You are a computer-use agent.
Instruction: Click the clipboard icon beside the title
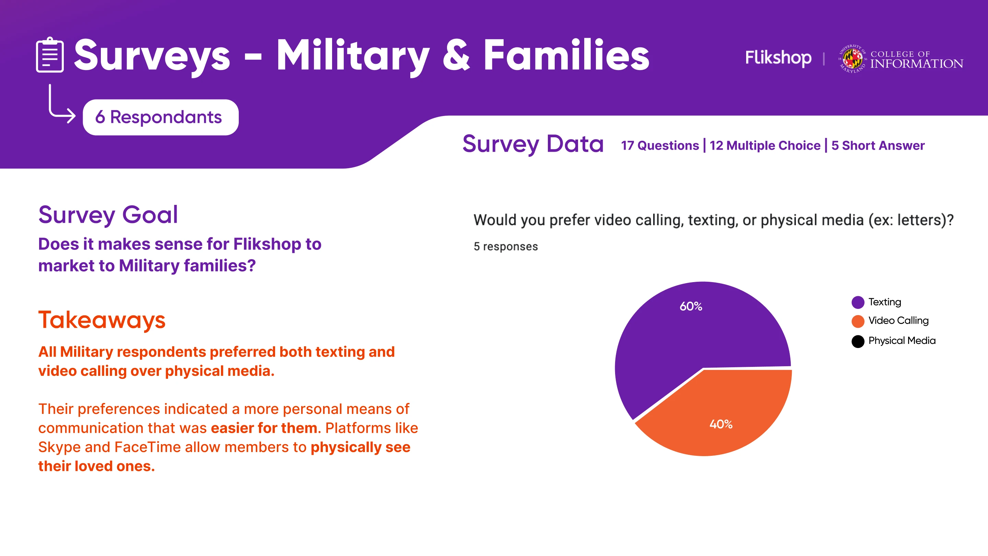click(50, 55)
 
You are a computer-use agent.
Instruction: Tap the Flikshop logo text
click(778, 58)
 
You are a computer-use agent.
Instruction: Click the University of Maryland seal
click(852, 59)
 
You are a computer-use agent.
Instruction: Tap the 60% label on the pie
click(691, 306)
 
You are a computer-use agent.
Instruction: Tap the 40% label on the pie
click(721, 424)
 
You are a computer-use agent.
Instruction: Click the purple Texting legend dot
click(858, 302)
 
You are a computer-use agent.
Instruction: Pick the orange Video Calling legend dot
click(858, 321)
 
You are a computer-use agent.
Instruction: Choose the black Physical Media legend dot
click(858, 341)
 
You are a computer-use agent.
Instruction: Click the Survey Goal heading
click(108, 215)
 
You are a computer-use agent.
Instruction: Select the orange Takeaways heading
click(102, 320)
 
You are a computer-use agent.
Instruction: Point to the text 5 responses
click(506, 246)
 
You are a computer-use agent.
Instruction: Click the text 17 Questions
click(660, 146)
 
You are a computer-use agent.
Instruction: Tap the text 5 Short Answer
click(878, 146)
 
